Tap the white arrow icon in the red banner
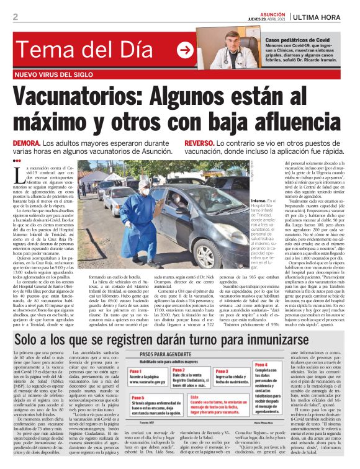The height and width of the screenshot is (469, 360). (x=185, y=50)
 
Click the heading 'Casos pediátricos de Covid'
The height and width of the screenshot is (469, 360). (x=297, y=39)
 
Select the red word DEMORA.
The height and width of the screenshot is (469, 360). (x=29, y=143)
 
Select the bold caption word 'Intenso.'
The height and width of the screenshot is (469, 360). (x=243, y=202)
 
